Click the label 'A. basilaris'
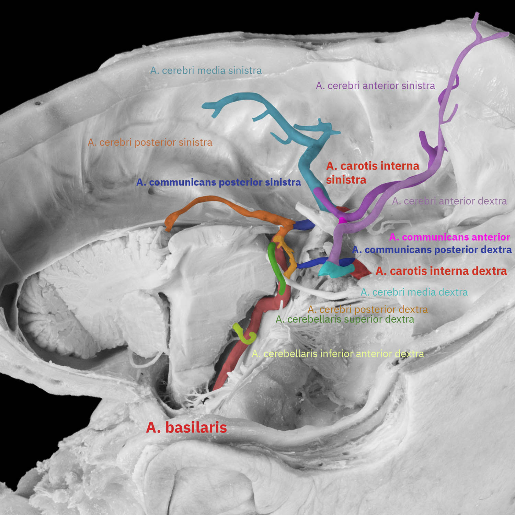[186, 428]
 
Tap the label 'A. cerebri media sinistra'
[206, 71]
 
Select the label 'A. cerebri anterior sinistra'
[375, 86]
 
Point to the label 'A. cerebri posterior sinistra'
[150, 142]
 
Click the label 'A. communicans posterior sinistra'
[218, 182]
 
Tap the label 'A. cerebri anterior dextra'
[449, 201]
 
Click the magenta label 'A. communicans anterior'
[449, 237]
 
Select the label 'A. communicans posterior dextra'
[432, 250]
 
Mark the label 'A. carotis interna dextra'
[441, 271]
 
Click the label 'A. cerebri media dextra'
[414, 293]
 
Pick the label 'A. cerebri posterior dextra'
[368, 310]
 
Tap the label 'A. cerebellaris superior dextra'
[345, 320]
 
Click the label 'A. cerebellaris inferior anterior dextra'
[338, 354]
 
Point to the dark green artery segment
[277, 268]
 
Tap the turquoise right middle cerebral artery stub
[331, 270]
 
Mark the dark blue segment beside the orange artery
[304, 225]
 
